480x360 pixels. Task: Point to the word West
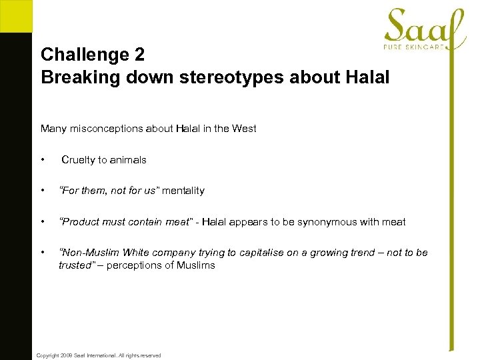[243, 129]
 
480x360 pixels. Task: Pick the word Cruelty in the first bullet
[78, 160]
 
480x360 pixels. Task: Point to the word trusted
[74, 265]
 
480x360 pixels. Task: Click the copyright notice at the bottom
[98, 355]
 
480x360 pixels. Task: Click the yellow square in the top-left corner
[15, 15]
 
